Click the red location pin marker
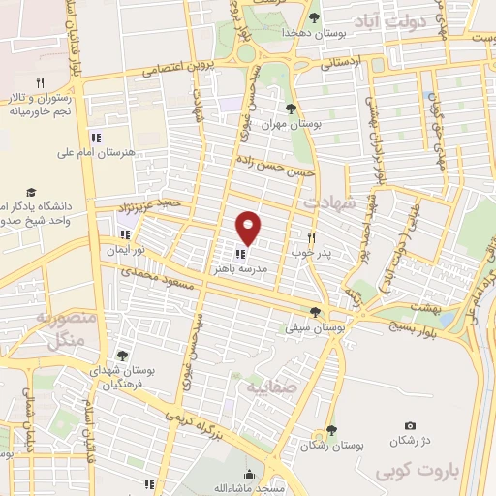point(249,228)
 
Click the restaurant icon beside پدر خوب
point(312,236)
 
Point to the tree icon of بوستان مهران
point(292,108)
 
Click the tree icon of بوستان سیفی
point(314,311)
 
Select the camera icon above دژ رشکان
point(410,426)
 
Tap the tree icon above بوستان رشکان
point(331,429)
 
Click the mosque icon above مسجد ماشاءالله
point(249,475)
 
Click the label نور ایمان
point(126,250)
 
